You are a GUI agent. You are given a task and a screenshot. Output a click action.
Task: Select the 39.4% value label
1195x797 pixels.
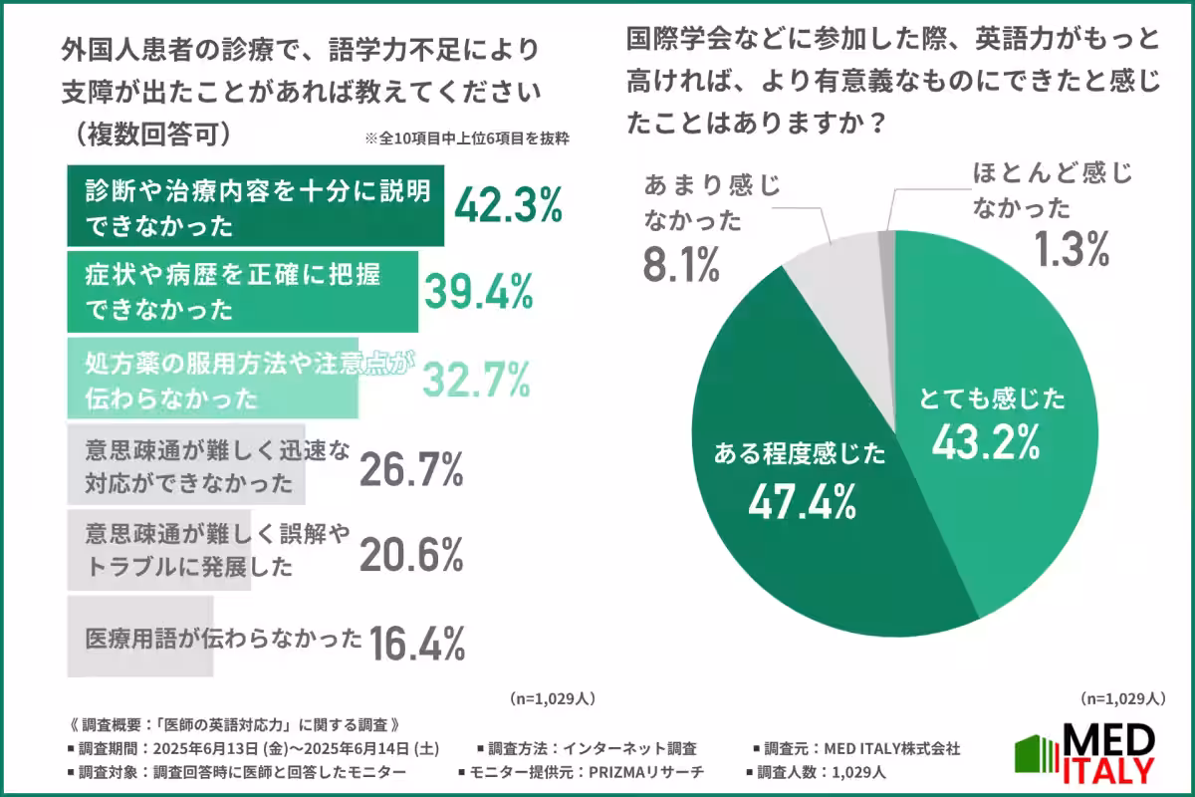pyautogui.click(x=479, y=291)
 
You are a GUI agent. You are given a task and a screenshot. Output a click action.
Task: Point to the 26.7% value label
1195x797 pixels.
pyautogui.click(x=411, y=467)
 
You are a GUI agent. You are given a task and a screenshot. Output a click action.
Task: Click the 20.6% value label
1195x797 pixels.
pyautogui.click(x=411, y=556)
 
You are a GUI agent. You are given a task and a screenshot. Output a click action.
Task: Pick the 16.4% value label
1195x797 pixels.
pyautogui.click(x=417, y=644)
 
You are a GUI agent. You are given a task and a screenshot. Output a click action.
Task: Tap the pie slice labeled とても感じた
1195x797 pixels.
pyautogui.click(x=996, y=398)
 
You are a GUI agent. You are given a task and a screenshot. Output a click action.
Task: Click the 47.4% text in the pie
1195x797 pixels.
pyautogui.click(x=803, y=502)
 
